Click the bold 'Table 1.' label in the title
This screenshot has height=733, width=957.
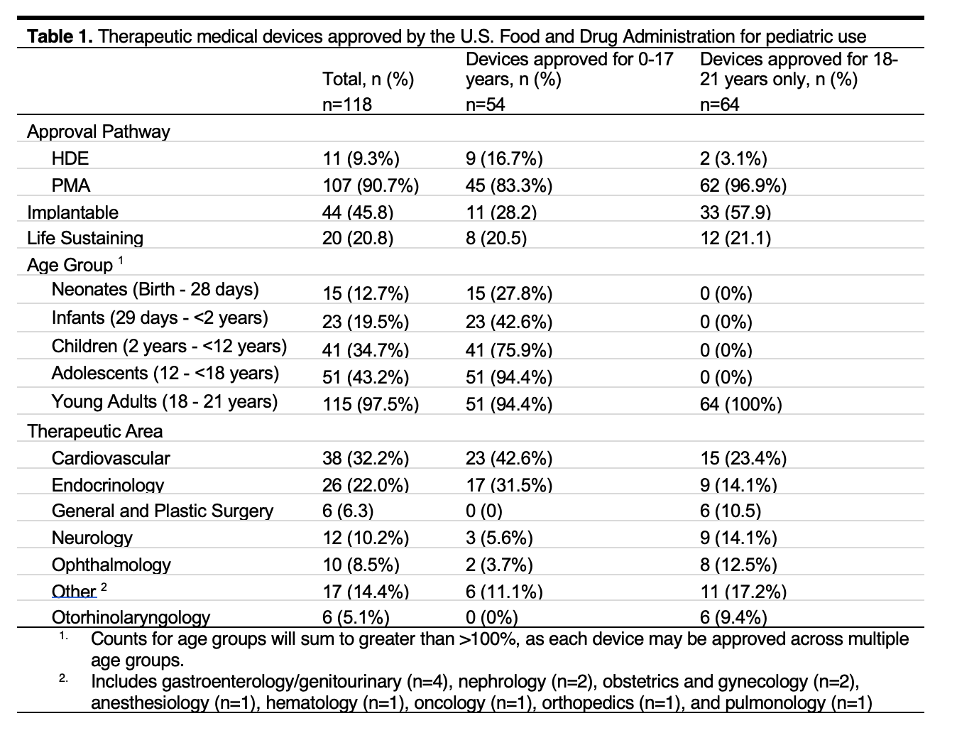click(x=60, y=36)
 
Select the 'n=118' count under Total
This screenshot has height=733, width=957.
click(x=347, y=104)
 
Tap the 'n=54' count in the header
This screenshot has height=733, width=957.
click(x=486, y=104)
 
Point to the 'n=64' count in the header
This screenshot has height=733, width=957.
click(x=720, y=104)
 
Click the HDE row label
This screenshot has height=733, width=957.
click(x=70, y=158)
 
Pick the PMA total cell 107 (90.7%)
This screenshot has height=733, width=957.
click(x=371, y=185)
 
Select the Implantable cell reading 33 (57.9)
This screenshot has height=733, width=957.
click(x=735, y=212)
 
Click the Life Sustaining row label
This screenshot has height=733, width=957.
click(x=85, y=238)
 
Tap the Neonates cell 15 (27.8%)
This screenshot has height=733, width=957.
click(x=508, y=293)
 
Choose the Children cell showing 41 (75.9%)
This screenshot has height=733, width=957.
click(x=508, y=350)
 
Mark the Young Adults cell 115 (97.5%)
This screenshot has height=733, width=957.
click(x=371, y=404)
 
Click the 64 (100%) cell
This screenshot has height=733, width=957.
click(x=740, y=404)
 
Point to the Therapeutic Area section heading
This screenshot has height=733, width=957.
click(x=94, y=431)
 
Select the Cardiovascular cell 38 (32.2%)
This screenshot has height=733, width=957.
click(x=366, y=458)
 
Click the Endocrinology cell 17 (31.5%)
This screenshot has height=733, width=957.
click(x=508, y=485)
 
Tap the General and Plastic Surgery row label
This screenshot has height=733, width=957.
click(x=162, y=511)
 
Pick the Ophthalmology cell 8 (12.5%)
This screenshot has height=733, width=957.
click(x=738, y=565)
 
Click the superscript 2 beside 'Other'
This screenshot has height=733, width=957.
click(x=104, y=587)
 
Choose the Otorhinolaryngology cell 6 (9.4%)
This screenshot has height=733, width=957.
click(x=733, y=618)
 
